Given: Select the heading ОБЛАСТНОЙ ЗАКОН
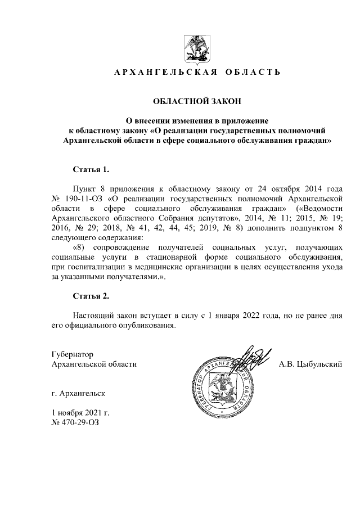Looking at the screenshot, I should [197, 101].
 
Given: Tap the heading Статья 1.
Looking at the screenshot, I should [90, 169].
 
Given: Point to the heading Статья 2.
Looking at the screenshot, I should [90, 296].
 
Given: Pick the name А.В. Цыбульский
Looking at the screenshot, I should [310, 365].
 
